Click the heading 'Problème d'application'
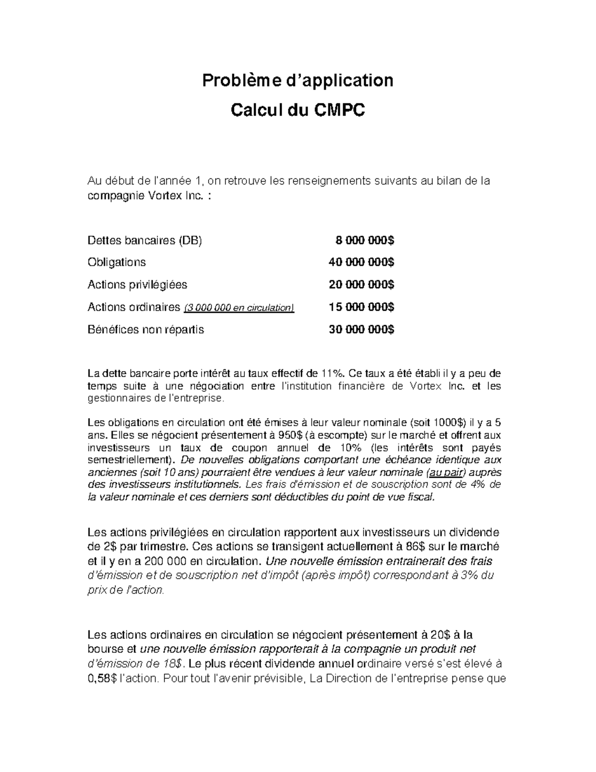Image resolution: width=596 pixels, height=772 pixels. [x=297, y=80]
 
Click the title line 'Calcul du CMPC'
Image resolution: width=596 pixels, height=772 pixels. [x=298, y=110]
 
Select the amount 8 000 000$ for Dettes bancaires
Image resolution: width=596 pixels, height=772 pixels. [x=365, y=241]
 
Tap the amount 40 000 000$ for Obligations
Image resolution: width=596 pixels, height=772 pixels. [x=362, y=262]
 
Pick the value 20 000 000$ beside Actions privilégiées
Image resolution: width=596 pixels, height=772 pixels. [x=362, y=285]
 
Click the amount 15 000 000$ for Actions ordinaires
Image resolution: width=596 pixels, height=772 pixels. [x=362, y=307]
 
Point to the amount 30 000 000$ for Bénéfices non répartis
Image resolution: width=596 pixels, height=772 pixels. [x=362, y=330]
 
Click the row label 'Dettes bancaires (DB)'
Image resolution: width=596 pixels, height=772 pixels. [x=145, y=241]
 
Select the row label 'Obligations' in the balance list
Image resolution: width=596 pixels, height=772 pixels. [x=117, y=262]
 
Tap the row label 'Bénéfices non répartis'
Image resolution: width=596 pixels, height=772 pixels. [x=146, y=330]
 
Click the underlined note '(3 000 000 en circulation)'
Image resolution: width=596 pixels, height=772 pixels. [x=239, y=308]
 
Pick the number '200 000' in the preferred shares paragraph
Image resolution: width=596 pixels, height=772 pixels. [x=166, y=561]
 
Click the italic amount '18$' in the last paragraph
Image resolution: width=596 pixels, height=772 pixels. [x=174, y=664]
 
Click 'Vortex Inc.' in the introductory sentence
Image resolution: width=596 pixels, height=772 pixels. [x=176, y=196]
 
